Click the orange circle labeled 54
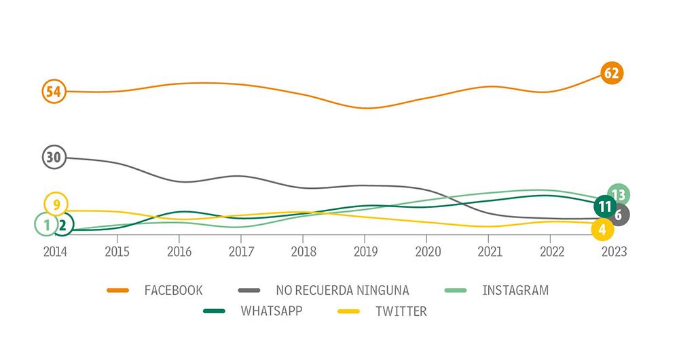pos(54,91)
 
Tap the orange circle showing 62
pos(612,73)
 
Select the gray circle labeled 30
pos(54,157)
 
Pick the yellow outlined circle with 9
pos(56,204)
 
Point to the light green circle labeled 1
pos(45,223)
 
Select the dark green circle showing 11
pos(604,205)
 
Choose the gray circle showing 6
pos(618,215)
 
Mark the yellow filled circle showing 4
pos(602,230)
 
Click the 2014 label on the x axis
pos(56,251)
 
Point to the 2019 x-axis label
pos(365,251)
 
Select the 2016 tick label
pos(179,251)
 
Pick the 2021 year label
pos(489,251)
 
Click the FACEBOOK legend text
pos(173,291)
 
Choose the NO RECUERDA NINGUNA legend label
pos(342,291)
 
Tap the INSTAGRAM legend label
pos(515,291)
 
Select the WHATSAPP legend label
pos(272,312)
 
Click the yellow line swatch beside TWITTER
pos(353,312)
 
